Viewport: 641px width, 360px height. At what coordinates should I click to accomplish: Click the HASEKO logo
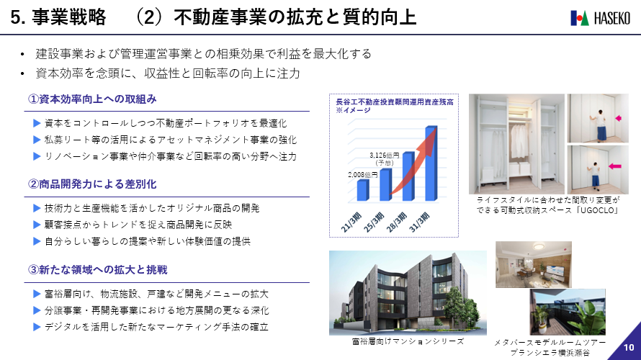pos(600,18)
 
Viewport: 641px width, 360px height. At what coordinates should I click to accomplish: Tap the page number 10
pos(629,347)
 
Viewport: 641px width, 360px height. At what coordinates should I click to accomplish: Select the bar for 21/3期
pos(363,190)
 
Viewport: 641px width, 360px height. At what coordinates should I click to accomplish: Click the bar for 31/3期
pos(431,163)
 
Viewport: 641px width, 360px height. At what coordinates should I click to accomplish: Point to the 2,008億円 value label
pos(362,175)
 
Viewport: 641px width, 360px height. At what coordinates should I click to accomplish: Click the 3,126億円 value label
pos(385,156)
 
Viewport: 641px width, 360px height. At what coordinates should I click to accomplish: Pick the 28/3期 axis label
pos(397,222)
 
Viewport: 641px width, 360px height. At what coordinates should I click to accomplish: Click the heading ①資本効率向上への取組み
pos(92,99)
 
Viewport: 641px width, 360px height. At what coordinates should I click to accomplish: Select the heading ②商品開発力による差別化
pos(92,184)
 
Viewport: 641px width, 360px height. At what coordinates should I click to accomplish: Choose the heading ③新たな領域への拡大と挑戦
pos(98,270)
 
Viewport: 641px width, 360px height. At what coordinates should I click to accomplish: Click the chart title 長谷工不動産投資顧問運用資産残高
pos(395,102)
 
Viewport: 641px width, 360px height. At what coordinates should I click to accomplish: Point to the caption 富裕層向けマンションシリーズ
pos(408,341)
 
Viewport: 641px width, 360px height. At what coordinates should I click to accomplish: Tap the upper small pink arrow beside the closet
pos(618,118)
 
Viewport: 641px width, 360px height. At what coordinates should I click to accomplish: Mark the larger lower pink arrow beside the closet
pos(615,166)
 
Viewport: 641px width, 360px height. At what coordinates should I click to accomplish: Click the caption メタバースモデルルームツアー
pos(550,343)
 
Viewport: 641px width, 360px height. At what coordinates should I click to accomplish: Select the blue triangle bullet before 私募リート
pos(37,140)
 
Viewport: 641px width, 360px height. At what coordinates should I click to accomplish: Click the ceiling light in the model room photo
pos(539,246)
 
